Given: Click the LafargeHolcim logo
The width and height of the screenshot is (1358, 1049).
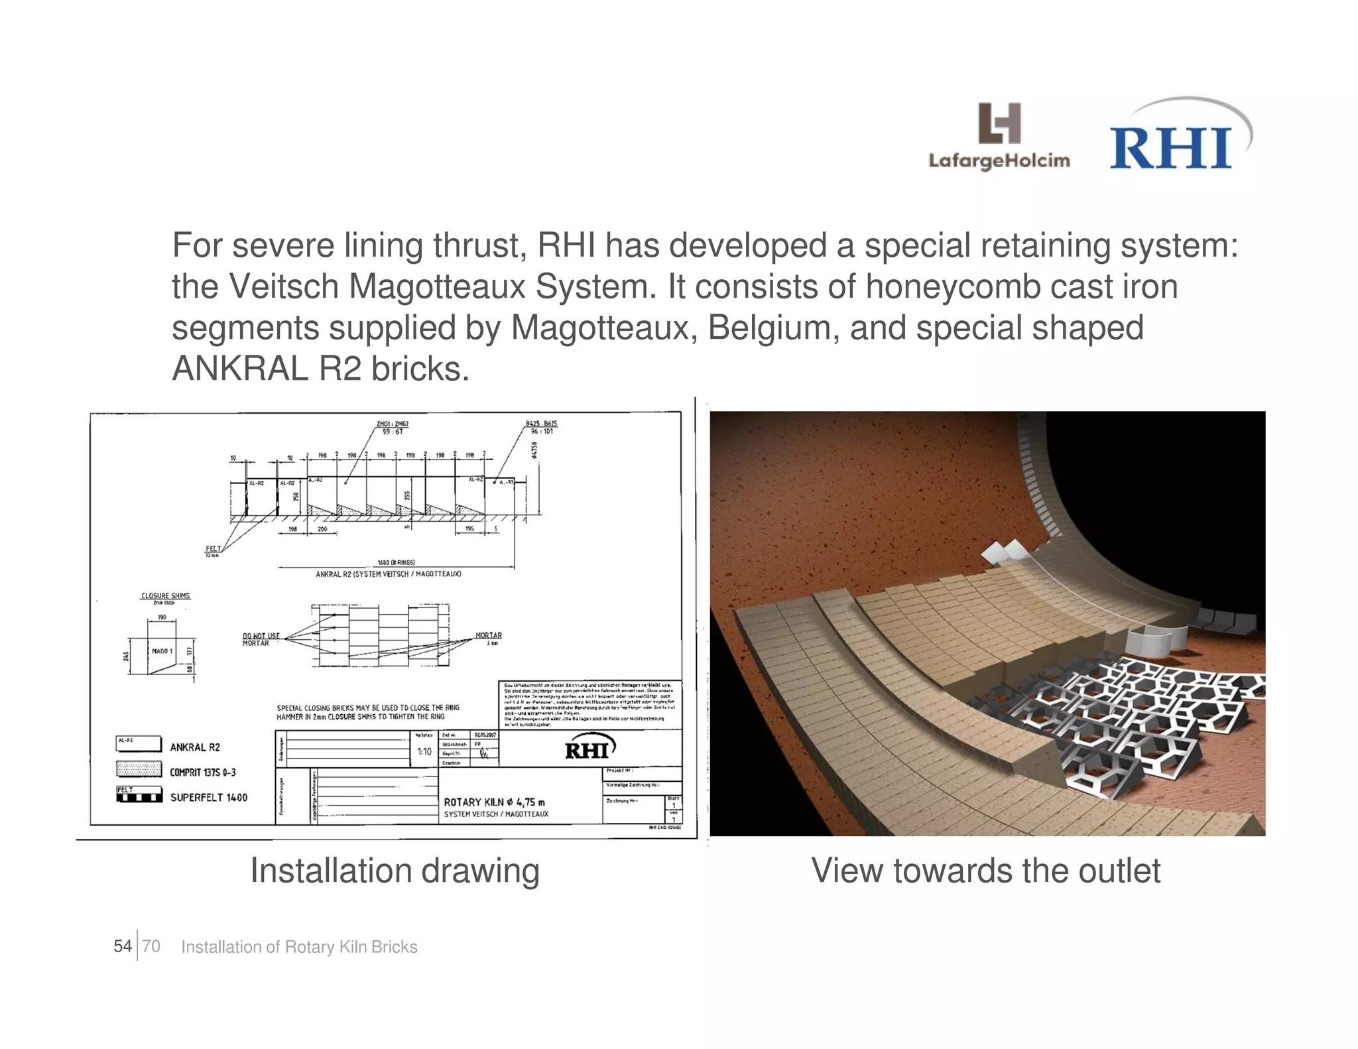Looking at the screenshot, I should (x=999, y=137).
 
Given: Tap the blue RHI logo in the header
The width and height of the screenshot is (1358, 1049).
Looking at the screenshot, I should (x=1172, y=147).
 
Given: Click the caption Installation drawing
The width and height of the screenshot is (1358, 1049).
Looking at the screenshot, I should (x=395, y=871).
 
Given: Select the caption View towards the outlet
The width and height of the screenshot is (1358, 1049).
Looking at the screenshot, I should (x=985, y=871).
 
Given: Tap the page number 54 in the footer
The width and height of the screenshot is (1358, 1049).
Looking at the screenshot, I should (x=123, y=946).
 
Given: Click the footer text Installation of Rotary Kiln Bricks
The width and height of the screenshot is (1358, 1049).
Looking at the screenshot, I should (x=299, y=947).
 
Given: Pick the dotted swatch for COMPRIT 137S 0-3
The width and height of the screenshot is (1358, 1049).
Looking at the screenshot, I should (x=139, y=769).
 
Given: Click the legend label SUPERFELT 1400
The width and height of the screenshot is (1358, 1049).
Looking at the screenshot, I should (x=209, y=798).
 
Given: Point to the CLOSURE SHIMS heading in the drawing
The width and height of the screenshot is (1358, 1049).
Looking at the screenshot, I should (x=166, y=595).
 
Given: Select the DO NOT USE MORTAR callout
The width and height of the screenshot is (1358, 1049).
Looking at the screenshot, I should (x=261, y=639).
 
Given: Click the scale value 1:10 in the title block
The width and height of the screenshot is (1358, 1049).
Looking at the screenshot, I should (x=424, y=752).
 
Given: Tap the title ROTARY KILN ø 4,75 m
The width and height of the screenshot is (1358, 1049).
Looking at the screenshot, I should (x=494, y=802).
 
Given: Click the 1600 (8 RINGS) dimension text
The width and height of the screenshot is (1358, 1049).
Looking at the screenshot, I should (x=396, y=562).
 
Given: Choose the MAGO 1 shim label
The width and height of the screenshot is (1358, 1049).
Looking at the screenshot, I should (x=162, y=651).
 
